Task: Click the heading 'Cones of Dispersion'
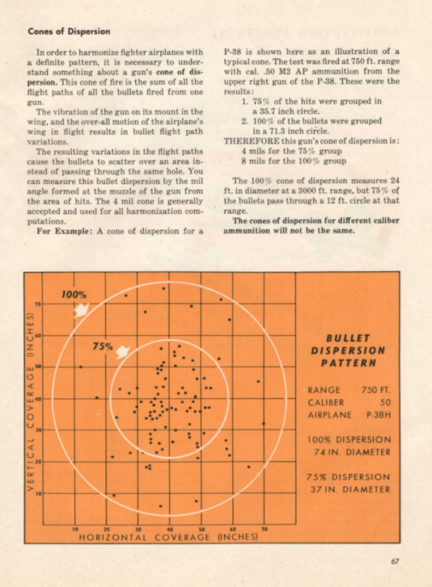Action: (x=69, y=32)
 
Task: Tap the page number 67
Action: (x=396, y=559)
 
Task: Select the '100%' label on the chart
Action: (x=74, y=294)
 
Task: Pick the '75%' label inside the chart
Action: (x=103, y=346)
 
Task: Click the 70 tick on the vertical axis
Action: (x=37, y=303)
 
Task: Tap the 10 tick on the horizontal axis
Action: (x=74, y=530)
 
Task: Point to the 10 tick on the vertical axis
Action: (x=37, y=493)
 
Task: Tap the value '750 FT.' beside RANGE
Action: (x=376, y=389)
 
